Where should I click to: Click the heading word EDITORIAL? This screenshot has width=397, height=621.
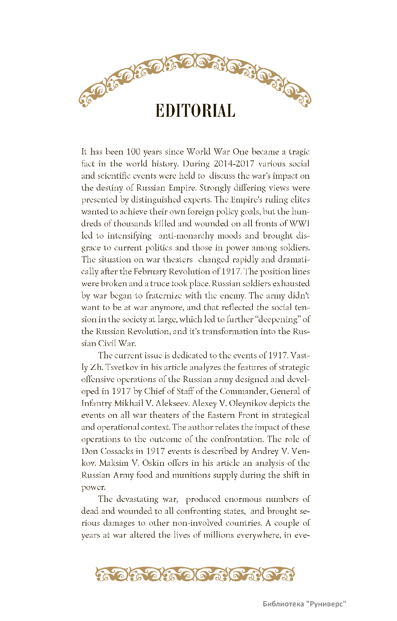[x=195, y=111]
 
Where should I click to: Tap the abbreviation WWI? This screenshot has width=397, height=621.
[x=299, y=224]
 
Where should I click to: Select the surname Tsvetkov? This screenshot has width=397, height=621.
[x=123, y=367]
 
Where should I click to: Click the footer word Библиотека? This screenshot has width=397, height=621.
[x=283, y=604]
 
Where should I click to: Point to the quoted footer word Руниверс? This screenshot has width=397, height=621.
[x=326, y=604]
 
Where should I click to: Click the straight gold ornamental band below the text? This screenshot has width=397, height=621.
[x=195, y=574]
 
